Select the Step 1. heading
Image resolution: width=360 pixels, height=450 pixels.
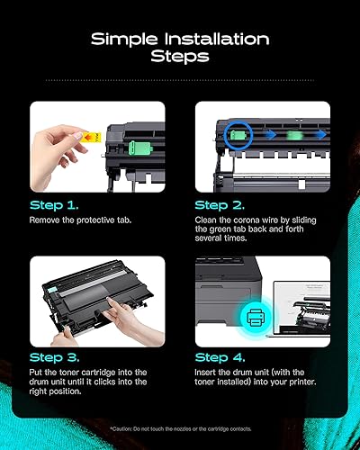[53, 206]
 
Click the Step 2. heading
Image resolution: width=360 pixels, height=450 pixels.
[220, 206]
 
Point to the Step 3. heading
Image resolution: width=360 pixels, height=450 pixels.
[54, 358]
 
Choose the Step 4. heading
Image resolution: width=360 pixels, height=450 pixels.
[220, 358]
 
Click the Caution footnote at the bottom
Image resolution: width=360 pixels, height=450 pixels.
[180, 427]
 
